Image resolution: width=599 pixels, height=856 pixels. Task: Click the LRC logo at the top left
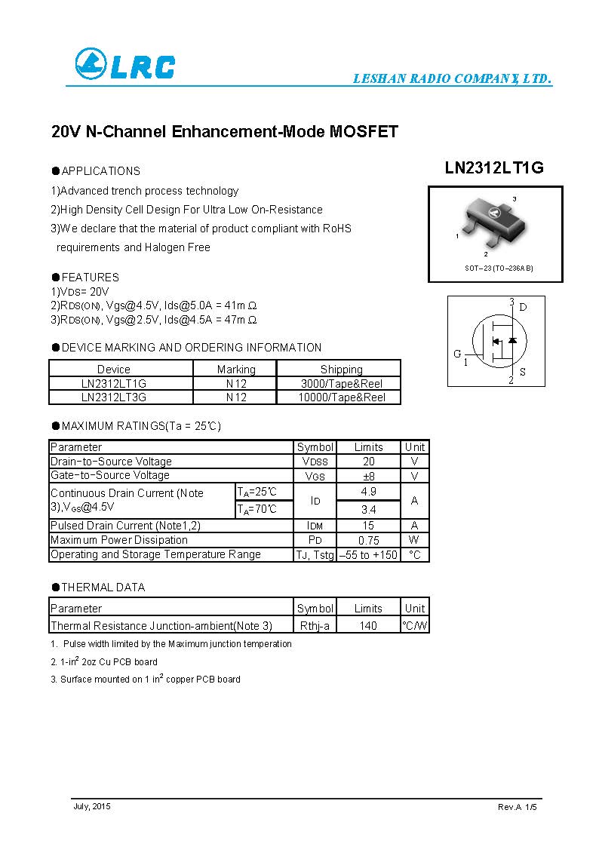[x=124, y=65]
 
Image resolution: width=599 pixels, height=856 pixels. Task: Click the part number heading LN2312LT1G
[x=494, y=169]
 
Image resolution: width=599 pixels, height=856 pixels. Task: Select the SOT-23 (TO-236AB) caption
[x=498, y=268]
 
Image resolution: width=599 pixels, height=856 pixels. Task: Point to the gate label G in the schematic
[x=457, y=354]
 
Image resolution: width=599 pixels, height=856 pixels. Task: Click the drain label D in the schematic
[x=523, y=307]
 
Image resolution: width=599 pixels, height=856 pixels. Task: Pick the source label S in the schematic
[x=523, y=372]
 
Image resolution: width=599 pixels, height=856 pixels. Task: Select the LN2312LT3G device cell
[x=114, y=397]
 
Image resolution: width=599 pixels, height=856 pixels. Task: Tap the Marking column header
[x=236, y=369]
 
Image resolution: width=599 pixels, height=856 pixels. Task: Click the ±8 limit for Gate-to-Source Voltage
[x=368, y=476]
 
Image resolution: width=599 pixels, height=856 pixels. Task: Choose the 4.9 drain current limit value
[x=368, y=492]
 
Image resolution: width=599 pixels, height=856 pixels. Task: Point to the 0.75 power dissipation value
[x=368, y=540]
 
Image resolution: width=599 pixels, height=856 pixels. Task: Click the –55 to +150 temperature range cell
[x=368, y=554]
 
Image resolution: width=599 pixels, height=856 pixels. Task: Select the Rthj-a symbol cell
[x=315, y=626]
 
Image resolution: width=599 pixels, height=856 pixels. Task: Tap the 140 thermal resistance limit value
[x=368, y=626]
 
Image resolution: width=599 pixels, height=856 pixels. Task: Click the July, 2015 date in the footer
[x=92, y=807]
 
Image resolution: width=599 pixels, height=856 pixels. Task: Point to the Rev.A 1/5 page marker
[x=518, y=807]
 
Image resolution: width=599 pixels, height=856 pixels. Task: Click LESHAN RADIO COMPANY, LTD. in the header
[x=453, y=79]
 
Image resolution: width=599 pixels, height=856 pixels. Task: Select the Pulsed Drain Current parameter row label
[x=125, y=525]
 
